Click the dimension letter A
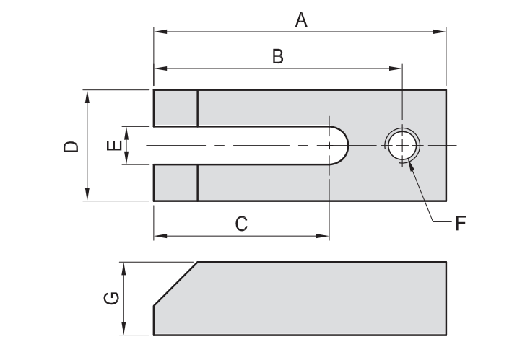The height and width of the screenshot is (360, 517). point(301,20)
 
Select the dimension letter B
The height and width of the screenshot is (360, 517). point(277,57)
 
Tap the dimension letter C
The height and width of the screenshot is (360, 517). point(241,224)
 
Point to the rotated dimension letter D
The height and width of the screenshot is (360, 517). point(71,146)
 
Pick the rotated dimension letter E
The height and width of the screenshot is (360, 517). point(113,146)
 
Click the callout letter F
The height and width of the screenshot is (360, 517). point(459,222)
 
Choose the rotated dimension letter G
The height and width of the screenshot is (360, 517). point(110,298)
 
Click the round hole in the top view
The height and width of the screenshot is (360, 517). point(402,145)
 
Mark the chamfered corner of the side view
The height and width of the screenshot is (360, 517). point(174,284)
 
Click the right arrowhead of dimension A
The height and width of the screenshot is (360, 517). point(441,32)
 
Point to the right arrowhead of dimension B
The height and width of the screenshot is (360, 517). point(396,69)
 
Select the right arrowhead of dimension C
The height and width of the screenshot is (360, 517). point(324,235)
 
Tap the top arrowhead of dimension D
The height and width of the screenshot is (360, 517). point(87,95)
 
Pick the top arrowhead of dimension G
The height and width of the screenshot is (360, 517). point(124,267)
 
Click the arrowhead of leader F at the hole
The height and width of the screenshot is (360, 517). point(410,164)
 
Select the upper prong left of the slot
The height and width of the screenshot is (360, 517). point(175,107)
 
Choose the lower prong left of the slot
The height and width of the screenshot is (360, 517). point(175,183)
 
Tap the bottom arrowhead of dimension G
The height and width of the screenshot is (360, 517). point(124,330)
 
